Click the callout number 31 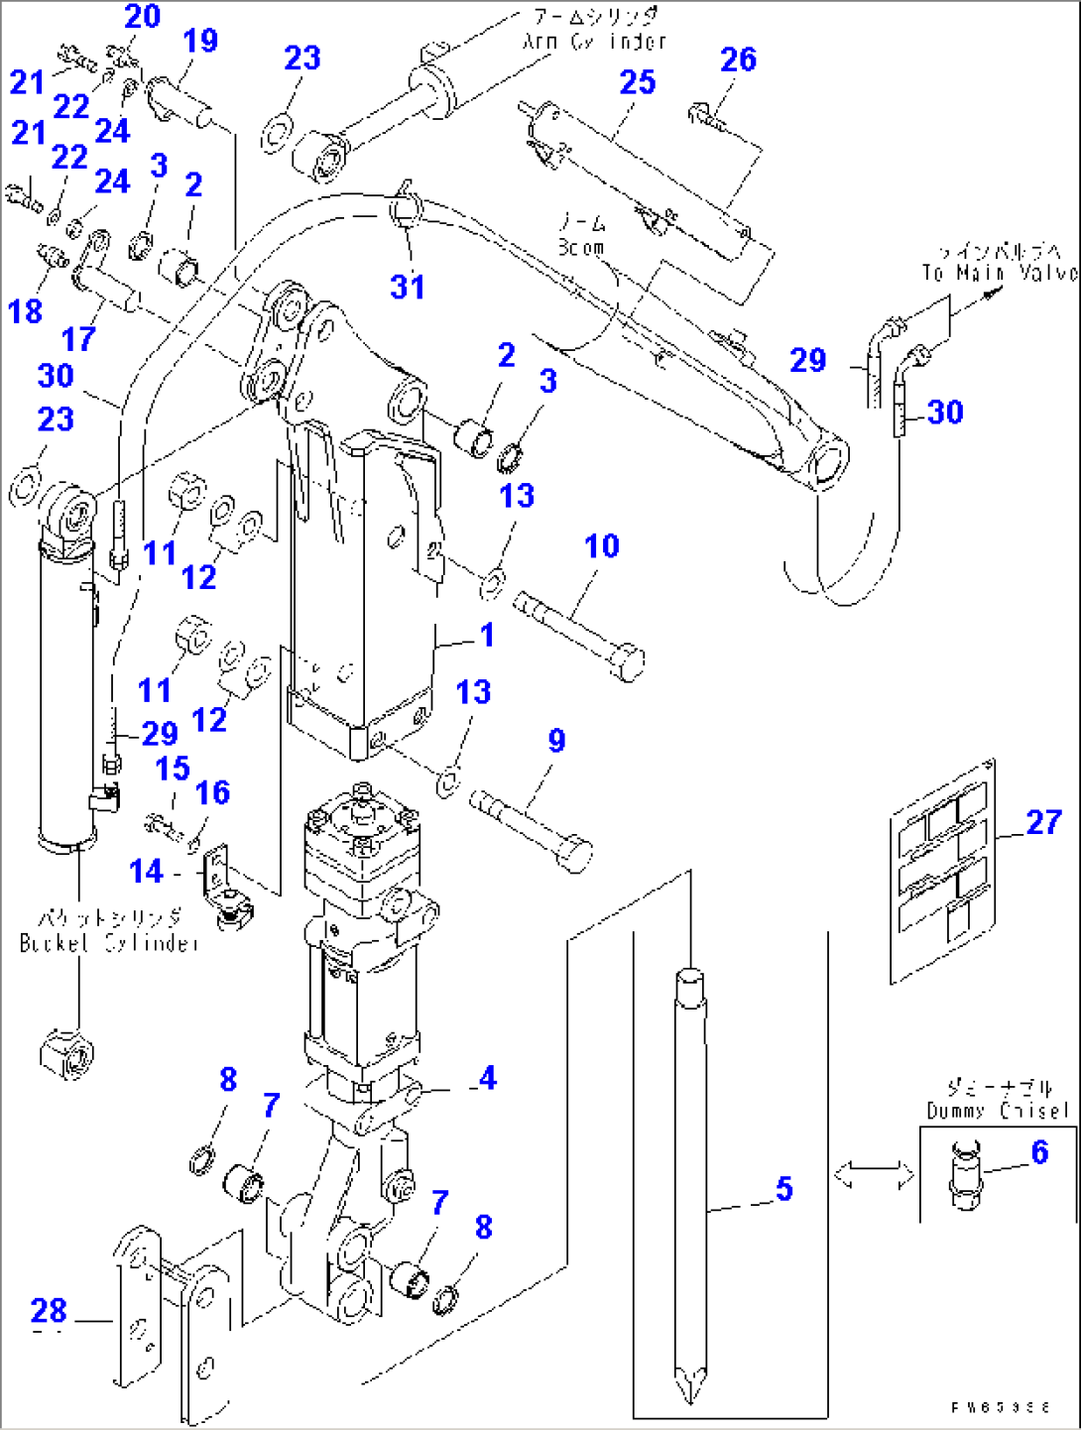(408, 287)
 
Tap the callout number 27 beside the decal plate (1043, 822)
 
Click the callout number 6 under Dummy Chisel (1039, 1151)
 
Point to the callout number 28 (48, 1310)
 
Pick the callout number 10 (601, 545)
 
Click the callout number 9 (556, 740)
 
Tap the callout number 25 (638, 82)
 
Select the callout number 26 (738, 60)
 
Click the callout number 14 (146, 871)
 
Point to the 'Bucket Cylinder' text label (109, 943)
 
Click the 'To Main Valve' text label (999, 273)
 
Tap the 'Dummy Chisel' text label (997, 1111)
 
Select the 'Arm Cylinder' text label (594, 42)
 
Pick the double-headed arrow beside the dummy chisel (874, 1175)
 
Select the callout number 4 (486, 1078)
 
